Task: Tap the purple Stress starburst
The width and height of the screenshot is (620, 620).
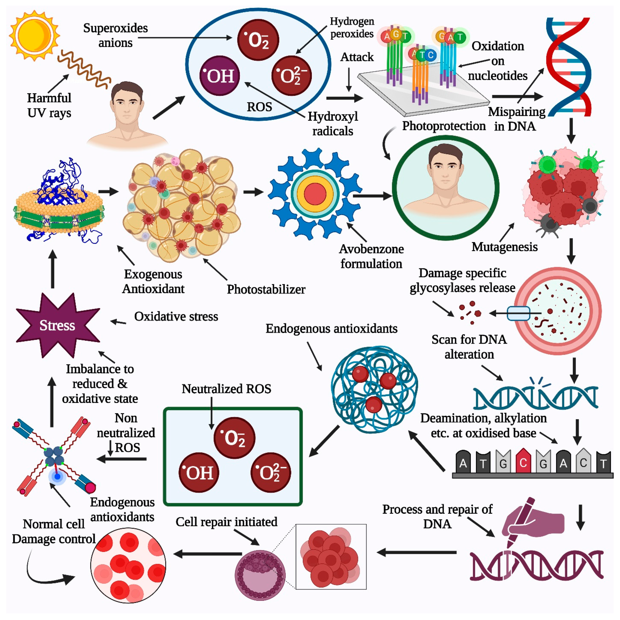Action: pos(57,325)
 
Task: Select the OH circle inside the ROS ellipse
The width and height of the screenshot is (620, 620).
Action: pos(220,76)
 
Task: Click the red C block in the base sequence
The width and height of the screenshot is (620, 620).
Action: pos(523,462)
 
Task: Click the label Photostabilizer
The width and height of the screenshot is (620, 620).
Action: pos(266,289)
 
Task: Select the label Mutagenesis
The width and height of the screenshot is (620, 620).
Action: pos(504,247)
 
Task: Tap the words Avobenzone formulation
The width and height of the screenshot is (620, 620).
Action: pos(371,256)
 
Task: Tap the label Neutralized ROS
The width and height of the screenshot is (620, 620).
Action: pos(226,389)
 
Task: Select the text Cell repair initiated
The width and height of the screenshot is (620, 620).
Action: pos(226,522)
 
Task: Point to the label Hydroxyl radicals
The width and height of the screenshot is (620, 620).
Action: pos(333,124)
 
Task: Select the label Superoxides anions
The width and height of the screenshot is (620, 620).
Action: pos(116,35)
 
